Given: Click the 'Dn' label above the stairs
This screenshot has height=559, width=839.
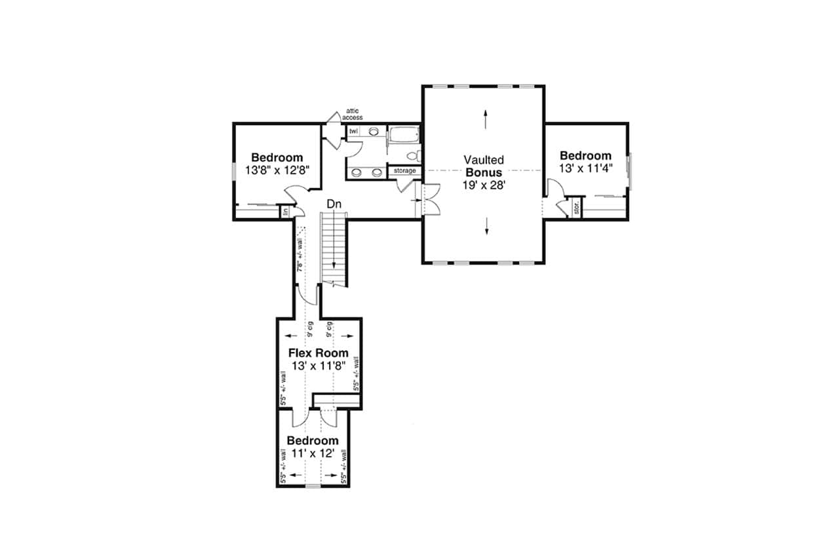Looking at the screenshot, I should coord(334,204).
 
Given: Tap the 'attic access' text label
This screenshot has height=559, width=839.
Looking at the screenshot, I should coord(352,114).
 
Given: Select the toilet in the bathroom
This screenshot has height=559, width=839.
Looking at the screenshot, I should coord(414,155).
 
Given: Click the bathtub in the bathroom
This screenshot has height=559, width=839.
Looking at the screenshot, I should coord(402,137).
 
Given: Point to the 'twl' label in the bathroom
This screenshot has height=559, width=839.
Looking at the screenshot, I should coord(353,131).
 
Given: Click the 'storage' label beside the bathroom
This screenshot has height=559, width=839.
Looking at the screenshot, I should coord(404,171).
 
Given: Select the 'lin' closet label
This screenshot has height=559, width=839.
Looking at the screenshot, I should coord(286,212).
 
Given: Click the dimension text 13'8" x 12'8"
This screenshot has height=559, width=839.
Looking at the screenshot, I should coord(277,170).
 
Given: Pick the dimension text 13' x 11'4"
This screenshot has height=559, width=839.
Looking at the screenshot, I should coord(585,168).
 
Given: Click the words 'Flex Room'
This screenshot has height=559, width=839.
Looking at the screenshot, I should coord(319,353).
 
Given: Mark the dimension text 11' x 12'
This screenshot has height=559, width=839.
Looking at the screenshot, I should coord(313,453).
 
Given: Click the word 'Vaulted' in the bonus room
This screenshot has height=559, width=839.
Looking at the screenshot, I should coord(484,159).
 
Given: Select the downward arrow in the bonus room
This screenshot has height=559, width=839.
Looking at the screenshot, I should coord(487,227).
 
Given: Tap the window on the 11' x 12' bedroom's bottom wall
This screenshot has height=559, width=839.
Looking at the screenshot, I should coord(313,486).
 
